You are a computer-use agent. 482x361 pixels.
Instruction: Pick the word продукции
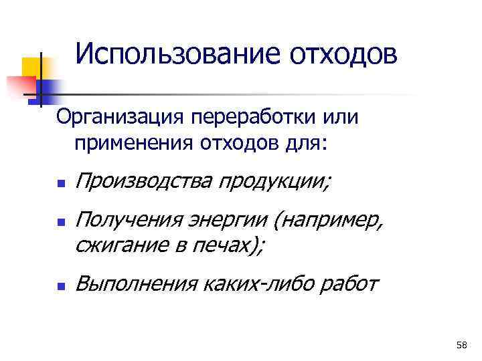pos(272,180)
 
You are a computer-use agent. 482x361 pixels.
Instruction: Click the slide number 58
pos(461,345)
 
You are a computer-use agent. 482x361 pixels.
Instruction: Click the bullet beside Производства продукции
pos(60,183)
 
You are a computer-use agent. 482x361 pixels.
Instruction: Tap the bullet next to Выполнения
pos(60,287)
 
